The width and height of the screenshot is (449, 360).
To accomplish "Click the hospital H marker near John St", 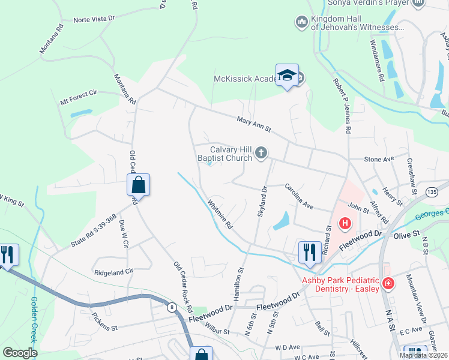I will (345, 224).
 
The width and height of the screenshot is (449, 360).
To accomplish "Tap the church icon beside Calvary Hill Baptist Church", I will (261, 154).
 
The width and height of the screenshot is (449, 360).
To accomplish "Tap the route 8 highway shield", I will (172, 308).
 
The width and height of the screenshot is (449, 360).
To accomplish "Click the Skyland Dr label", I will (262, 202).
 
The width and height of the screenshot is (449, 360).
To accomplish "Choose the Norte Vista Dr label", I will (94, 19).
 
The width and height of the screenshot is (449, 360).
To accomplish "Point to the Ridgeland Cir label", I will (113, 272).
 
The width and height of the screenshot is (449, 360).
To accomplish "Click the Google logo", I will (20, 353).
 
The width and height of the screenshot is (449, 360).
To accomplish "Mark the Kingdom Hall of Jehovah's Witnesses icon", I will (301, 23).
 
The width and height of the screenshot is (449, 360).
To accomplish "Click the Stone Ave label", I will (379, 159).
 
